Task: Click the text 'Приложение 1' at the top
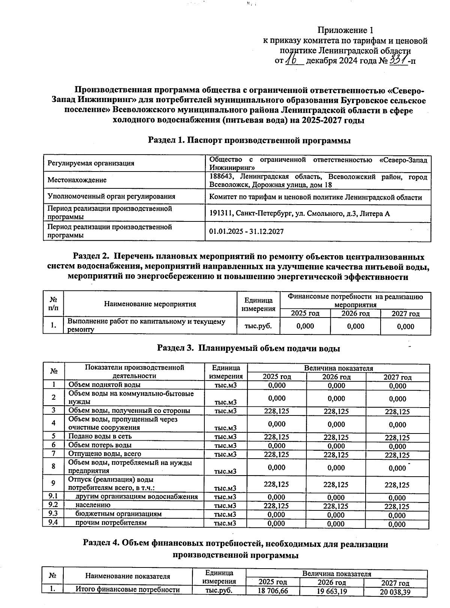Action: click(x=345, y=30)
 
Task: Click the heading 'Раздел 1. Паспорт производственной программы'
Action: click(x=249, y=140)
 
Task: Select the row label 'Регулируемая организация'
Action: click(x=91, y=163)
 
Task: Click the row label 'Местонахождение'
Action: click(x=77, y=180)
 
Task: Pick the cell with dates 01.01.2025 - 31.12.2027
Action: click(x=246, y=232)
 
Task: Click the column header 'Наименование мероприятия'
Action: click(x=150, y=304)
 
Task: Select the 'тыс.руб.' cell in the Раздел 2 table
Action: click(x=258, y=326)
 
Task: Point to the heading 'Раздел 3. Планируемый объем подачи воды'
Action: click(x=248, y=348)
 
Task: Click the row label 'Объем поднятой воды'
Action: click(x=104, y=385)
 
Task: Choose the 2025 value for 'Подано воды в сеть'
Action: click(x=277, y=437)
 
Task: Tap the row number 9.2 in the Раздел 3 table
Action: click(x=53, y=505)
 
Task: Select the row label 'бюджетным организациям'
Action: click(x=118, y=514)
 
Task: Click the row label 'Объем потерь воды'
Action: click(x=100, y=445)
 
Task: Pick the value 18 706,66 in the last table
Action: click(x=273, y=591)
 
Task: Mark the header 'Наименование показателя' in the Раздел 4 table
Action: click(x=127, y=576)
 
